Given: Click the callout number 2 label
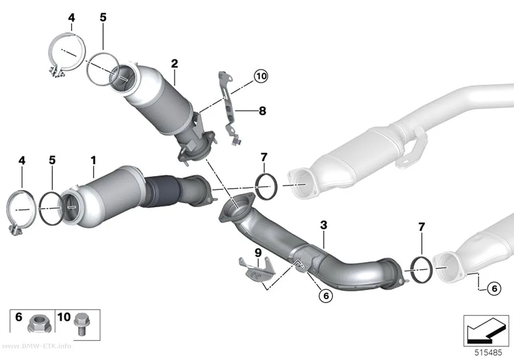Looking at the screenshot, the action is click(174, 63).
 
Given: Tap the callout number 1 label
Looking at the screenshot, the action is click(94, 160).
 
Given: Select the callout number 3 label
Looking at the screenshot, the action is click(324, 225).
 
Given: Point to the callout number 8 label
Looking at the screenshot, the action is click(262, 111).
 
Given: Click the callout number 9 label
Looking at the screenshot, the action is click(258, 253).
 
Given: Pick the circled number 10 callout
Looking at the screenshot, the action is click(261, 76).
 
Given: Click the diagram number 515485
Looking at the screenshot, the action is click(489, 353).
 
